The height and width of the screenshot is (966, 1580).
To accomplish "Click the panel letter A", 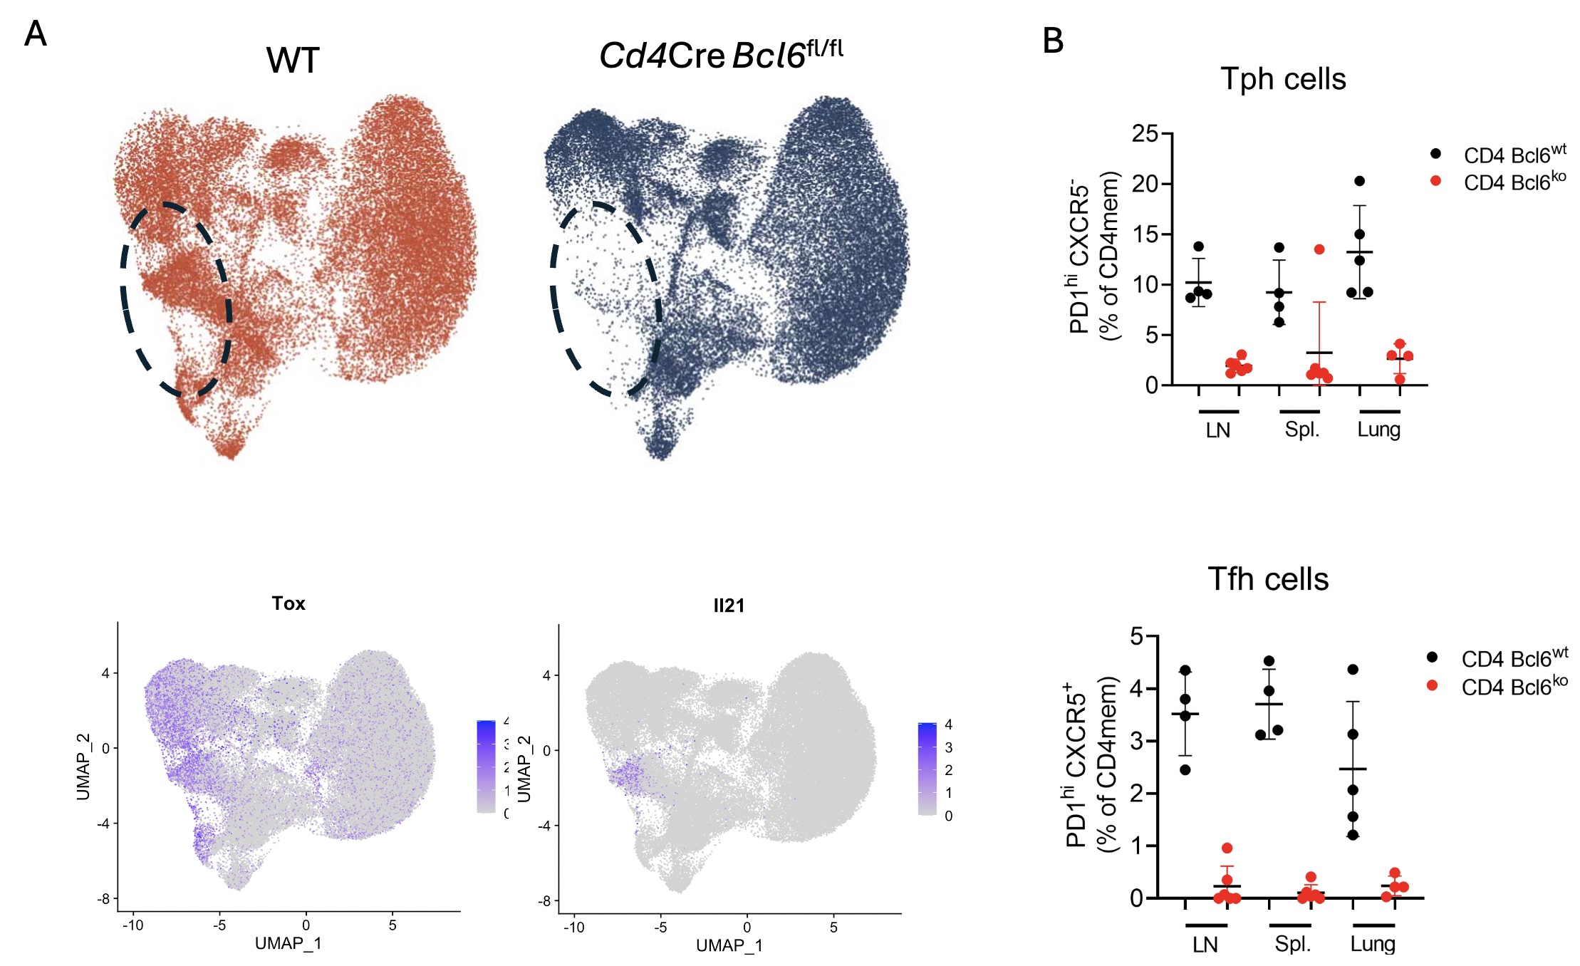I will coord(35,33).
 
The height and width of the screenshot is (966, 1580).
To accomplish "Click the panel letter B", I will coord(1052,41).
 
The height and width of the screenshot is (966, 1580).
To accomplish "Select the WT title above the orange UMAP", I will coord(293,61).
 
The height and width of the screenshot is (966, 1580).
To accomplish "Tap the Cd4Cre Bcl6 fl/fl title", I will coord(720,55).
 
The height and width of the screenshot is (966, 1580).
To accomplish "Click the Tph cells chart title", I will coord(1283,79).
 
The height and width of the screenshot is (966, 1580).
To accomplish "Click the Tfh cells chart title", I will coord(1268,579).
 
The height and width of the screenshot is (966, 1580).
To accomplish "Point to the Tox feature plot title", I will coord(289,603).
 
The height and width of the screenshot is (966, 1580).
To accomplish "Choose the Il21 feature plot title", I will coord(729,606).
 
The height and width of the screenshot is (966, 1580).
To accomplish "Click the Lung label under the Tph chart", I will coord(1378,430).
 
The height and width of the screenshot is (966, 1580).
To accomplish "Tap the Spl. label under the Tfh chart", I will coord(1292,944).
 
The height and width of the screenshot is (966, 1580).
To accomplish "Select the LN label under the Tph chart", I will coord(1218,430).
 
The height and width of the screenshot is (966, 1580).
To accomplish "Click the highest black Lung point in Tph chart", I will coord(1359,181).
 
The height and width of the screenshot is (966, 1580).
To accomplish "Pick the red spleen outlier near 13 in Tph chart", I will coord(1319,249).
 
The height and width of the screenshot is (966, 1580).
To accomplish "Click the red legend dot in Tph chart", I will coord(1435,181).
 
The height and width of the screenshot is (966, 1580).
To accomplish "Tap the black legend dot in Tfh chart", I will coord(1433,657).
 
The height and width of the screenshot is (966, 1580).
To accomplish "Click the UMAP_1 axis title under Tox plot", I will coord(289,943).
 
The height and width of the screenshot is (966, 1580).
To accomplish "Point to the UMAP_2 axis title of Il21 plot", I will coord(524,769).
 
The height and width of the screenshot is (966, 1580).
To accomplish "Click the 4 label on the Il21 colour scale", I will coord(948,724).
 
